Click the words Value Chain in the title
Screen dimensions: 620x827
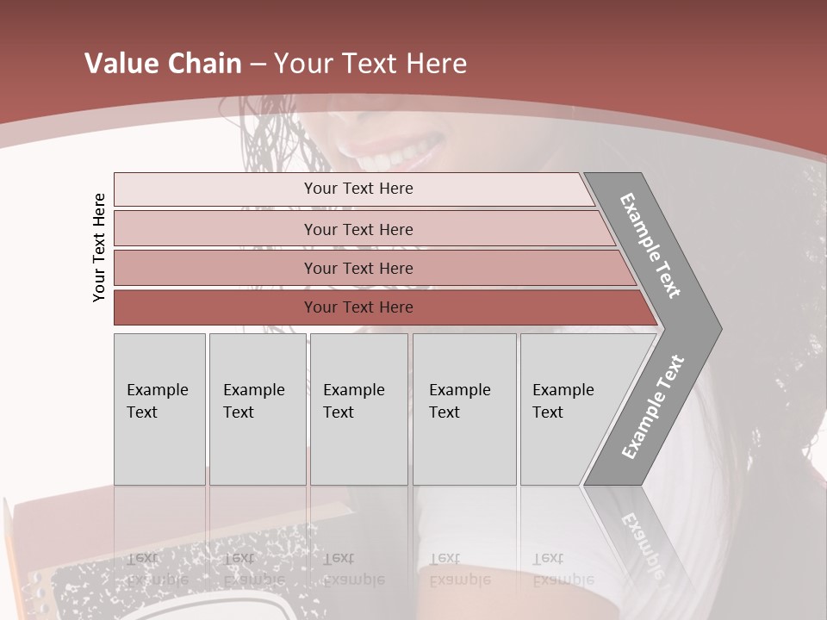tap(163, 64)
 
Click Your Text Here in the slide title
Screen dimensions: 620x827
tap(370, 64)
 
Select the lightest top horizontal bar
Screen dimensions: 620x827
tap(358, 189)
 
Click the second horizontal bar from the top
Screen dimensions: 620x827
tap(358, 229)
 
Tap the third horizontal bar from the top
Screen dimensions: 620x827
tap(358, 268)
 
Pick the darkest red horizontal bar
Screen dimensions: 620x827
tap(358, 307)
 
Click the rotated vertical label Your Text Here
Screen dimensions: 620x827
tap(99, 247)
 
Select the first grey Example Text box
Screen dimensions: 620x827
tap(159, 408)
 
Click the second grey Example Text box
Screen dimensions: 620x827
tap(257, 408)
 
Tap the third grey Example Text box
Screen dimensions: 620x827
tap(358, 408)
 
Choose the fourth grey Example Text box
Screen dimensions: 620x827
tap(463, 408)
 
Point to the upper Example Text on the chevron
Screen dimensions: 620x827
tap(650, 245)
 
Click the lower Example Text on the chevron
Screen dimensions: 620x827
tap(652, 406)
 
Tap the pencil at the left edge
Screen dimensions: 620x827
tap(10, 551)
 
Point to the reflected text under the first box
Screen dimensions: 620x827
tap(158, 569)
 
